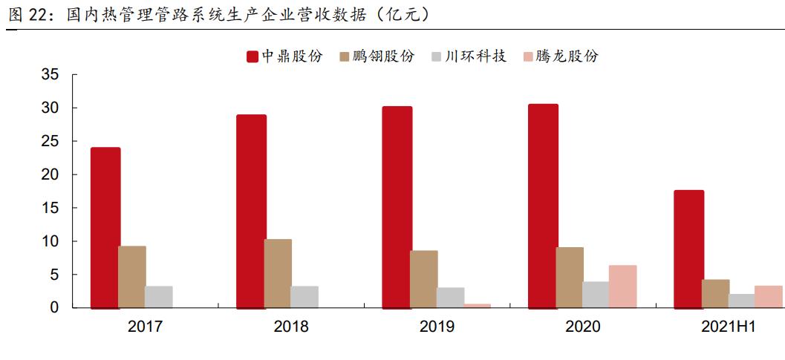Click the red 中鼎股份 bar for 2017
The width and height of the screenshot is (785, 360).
tap(105, 227)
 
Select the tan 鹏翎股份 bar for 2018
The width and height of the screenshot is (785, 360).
tap(278, 273)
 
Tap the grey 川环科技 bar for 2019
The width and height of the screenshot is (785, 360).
tap(450, 297)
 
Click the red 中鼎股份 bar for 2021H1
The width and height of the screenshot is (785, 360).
tap(688, 249)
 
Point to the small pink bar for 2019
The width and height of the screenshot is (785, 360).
tap(477, 305)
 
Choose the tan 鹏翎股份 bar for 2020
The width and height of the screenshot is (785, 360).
tap(570, 277)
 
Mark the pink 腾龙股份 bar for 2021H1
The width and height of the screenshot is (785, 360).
tap(769, 296)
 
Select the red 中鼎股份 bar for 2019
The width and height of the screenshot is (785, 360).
tap(397, 206)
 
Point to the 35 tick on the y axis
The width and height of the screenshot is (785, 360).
tap(50, 75)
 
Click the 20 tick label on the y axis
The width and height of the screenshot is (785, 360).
tap(50, 175)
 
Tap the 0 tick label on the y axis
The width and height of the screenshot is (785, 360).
tap(54, 307)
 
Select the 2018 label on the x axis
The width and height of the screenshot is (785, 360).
tap(291, 327)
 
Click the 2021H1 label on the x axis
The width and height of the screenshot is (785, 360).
tap(729, 327)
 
